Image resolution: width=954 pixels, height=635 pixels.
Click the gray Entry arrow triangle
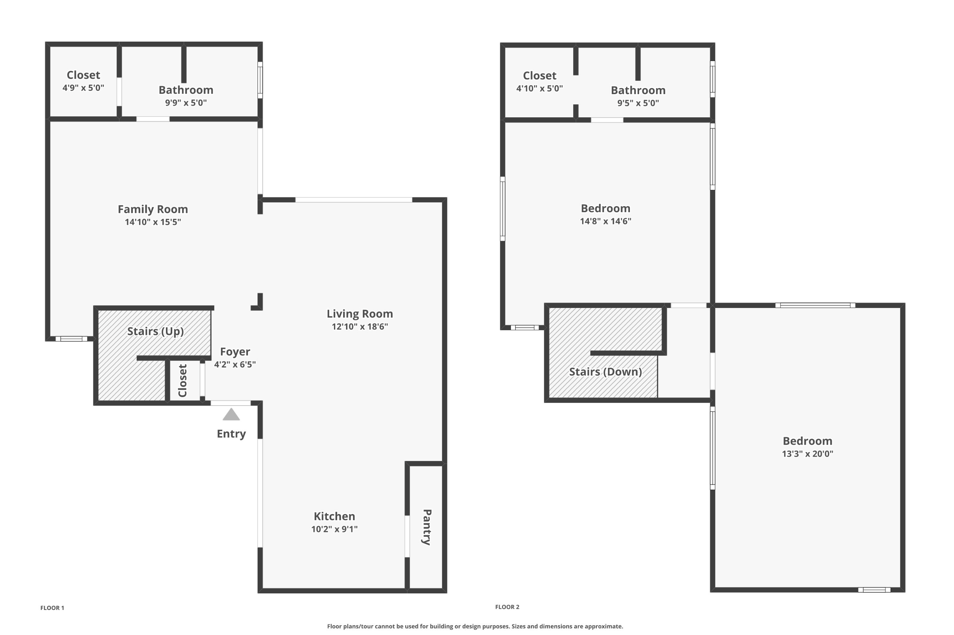click(231, 414)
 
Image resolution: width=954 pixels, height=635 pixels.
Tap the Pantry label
click(427, 527)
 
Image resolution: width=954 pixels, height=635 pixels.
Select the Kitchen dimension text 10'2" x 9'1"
click(334, 529)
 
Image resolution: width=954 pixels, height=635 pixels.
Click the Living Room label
click(360, 314)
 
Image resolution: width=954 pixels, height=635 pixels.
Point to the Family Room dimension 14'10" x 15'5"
click(153, 222)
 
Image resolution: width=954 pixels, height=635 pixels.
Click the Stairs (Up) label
click(155, 331)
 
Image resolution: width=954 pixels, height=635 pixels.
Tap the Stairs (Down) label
click(606, 372)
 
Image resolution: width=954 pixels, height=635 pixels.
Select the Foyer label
click(235, 352)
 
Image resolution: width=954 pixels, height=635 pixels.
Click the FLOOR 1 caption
click(52, 608)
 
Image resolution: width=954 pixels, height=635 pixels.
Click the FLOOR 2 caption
click(507, 607)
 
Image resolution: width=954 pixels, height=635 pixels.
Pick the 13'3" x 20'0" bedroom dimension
click(807, 454)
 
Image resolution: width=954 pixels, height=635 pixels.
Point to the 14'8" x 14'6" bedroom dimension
click(606, 221)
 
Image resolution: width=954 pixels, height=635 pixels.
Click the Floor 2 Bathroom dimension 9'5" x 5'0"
click(638, 103)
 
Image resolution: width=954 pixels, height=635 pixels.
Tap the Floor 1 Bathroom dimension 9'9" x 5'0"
click(186, 103)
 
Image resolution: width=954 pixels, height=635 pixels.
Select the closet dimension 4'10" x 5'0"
click(540, 88)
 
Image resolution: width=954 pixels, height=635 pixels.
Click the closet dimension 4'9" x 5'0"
click(83, 87)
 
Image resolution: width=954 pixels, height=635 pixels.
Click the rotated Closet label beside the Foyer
click(182, 381)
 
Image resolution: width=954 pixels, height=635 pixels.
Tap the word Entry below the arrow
click(231, 434)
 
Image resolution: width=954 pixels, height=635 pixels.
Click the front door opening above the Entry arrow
click(231, 403)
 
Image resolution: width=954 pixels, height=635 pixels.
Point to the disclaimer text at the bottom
click(475, 626)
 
